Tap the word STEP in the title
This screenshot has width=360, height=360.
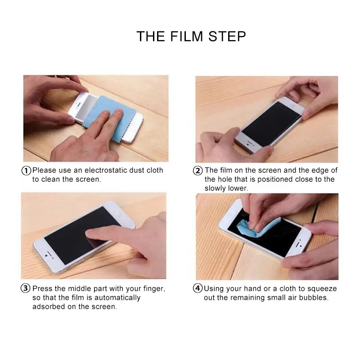[x=227, y=36]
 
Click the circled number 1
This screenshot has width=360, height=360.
[x=26, y=171]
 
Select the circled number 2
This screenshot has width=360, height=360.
[x=198, y=171]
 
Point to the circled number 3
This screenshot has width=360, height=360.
[x=26, y=288]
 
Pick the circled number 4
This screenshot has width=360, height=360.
[x=198, y=288]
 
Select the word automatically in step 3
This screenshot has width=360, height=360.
[x=117, y=298]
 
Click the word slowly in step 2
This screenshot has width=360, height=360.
[x=216, y=188]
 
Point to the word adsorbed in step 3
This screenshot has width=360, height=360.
[x=49, y=306]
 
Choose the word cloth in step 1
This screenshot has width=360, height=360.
[x=155, y=171]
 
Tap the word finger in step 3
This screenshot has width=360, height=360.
[x=154, y=289]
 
